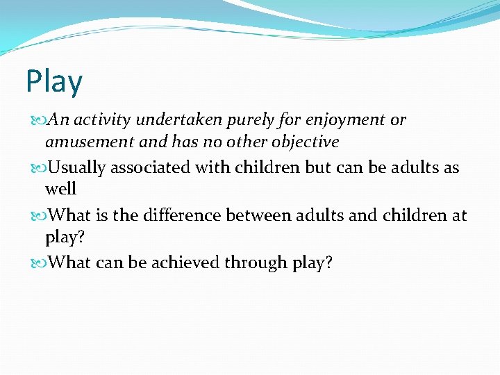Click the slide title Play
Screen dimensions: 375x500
click(x=54, y=82)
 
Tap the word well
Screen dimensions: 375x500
click(x=60, y=189)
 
